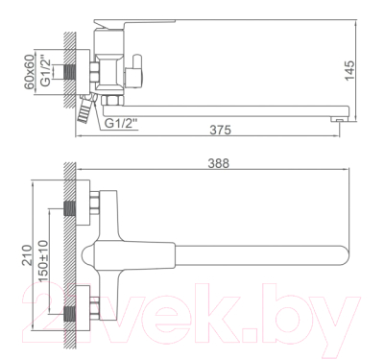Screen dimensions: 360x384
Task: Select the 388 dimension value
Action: (221, 166)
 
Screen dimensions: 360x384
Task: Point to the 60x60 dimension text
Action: (39, 70)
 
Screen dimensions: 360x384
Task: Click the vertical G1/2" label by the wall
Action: (54, 70)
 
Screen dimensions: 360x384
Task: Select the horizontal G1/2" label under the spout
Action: (123, 123)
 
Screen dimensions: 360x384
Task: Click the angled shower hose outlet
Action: (87, 112)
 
